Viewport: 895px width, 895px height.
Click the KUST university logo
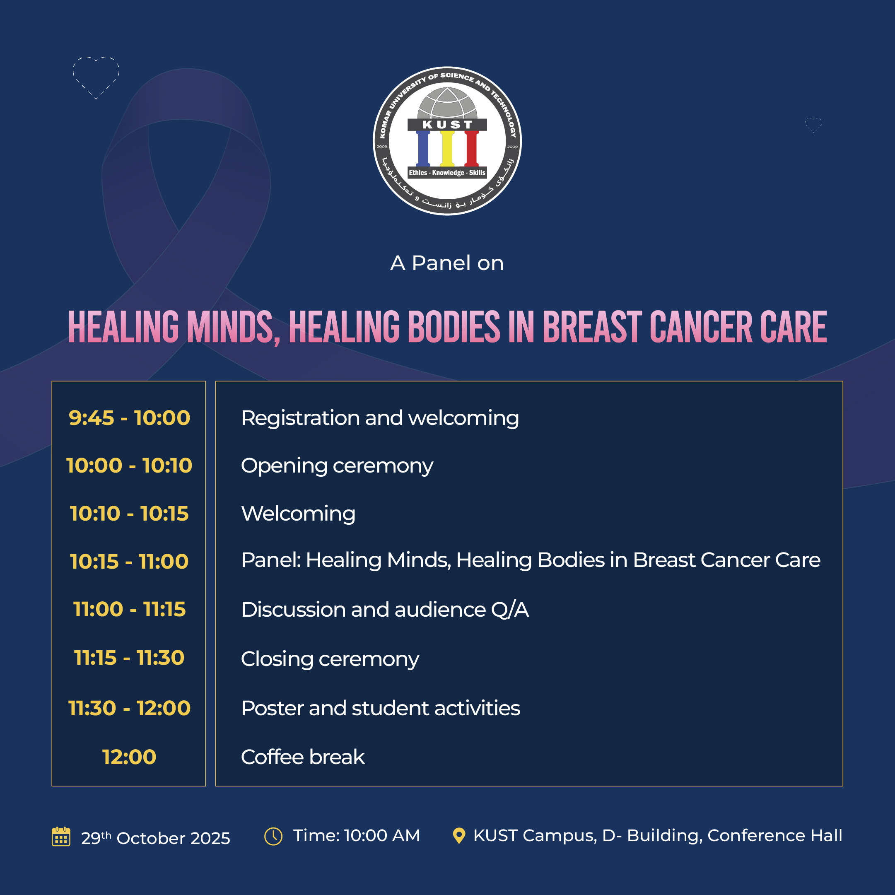coord(447,141)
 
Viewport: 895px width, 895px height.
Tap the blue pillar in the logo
coord(423,148)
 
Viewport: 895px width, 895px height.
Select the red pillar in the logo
coord(472,148)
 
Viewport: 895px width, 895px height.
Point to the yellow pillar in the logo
coord(447,148)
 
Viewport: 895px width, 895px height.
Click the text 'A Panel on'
coord(447,263)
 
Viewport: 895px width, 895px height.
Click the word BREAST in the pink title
coord(592,327)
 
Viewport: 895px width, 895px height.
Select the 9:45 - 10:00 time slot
coord(129,418)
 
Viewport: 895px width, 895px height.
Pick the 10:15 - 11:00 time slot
coord(129,562)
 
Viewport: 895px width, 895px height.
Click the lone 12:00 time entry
coord(129,757)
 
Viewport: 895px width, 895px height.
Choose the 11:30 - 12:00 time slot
coord(129,708)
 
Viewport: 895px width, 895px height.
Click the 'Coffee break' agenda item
coord(303,757)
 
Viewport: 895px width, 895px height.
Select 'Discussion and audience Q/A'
coord(385,609)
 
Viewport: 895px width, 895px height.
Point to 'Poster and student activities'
coord(380,708)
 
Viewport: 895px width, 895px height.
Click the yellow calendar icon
coord(61,836)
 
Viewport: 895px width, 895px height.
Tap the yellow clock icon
coord(273,836)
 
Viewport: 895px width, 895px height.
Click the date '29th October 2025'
coord(156,837)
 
